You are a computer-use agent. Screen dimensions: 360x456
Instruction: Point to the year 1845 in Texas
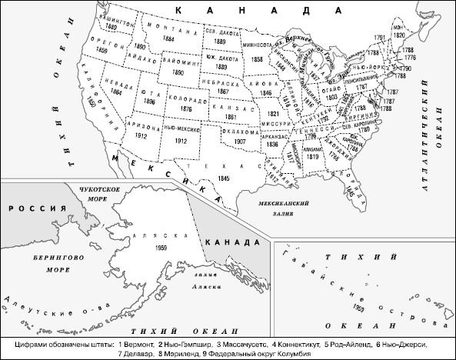(223, 178)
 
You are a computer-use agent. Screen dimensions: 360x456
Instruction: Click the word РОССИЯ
(25, 209)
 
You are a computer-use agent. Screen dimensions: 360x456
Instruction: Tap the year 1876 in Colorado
(185, 109)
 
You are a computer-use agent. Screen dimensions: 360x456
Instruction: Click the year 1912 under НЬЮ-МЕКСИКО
(181, 141)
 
